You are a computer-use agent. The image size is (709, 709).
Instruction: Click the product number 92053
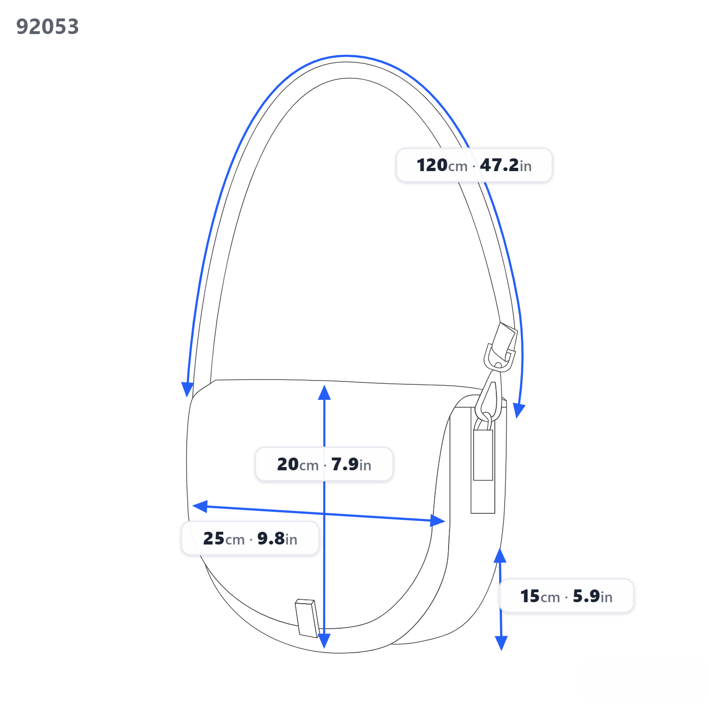coord(47,26)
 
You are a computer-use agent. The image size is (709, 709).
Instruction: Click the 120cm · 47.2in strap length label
coord(474,165)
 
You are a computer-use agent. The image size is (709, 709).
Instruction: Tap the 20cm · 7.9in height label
coord(324,464)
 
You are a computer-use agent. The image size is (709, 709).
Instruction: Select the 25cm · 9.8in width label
coord(250,538)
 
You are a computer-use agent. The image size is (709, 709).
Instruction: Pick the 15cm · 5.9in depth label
coord(566,596)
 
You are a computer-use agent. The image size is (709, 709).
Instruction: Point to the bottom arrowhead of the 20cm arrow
coord(324,641)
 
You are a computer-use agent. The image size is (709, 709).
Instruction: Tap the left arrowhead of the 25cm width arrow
coord(200,506)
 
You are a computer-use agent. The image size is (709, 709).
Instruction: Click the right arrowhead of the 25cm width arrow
coord(438,521)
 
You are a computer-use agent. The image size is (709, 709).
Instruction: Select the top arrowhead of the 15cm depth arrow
coord(500,555)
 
